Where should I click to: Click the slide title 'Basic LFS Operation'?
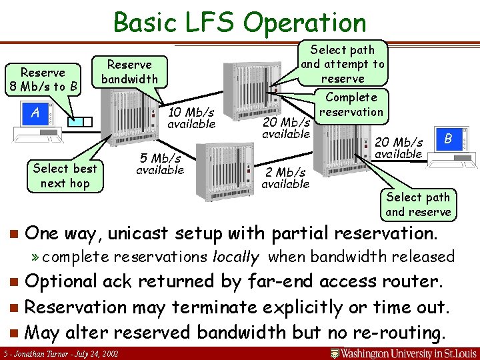pos(240,22)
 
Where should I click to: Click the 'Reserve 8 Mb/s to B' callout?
pos(43,79)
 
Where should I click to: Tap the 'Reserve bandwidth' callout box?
pos(129,72)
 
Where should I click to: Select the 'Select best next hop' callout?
pos(65,176)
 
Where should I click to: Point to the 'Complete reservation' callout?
pos(351,104)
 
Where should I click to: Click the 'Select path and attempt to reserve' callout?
pos(343,64)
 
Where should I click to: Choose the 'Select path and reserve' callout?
pos(418,205)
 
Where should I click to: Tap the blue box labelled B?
pos(448,139)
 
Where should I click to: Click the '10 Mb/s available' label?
pos(191,117)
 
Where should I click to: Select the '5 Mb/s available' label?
pos(160,164)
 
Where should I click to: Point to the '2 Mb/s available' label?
pos(285,178)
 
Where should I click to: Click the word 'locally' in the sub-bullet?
pos(235,257)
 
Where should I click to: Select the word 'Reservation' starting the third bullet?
pos(83,307)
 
